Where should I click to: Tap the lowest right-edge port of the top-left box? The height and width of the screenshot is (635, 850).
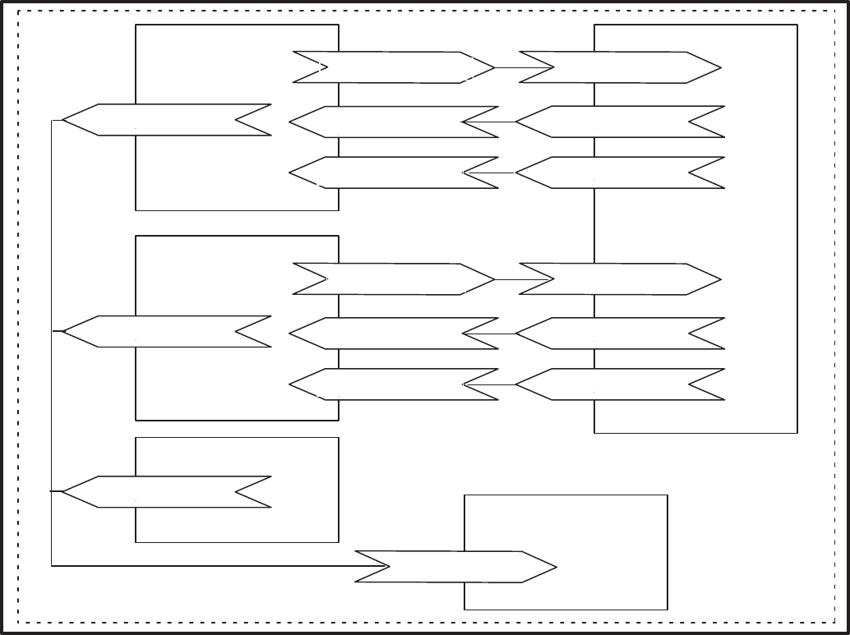click(394, 173)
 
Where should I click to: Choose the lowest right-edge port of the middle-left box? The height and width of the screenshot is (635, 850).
click(394, 384)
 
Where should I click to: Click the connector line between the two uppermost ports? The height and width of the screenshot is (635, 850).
click(507, 67)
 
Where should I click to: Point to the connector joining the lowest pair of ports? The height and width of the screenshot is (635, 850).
click(490, 384)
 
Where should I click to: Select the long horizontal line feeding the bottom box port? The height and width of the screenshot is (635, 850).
click(206, 565)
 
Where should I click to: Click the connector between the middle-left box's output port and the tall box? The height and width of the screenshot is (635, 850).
click(507, 279)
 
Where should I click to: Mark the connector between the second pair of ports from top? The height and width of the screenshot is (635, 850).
click(490, 122)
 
